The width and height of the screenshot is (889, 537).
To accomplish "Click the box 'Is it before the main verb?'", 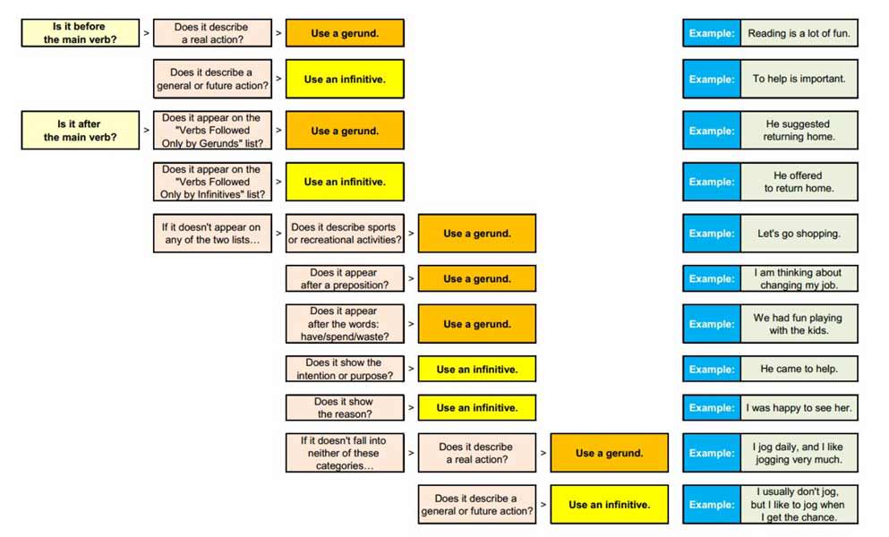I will [x=81, y=33].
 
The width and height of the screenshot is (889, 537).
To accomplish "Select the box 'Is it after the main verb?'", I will [x=81, y=131].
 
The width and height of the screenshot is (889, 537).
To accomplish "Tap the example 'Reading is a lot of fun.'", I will [x=799, y=33].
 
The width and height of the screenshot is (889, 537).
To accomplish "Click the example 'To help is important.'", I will [x=799, y=79].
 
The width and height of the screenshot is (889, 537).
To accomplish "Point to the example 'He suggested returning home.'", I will [x=799, y=131].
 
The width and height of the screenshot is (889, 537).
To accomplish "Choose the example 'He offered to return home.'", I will [x=799, y=182].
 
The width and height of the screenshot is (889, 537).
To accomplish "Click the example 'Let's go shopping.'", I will [x=799, y=234].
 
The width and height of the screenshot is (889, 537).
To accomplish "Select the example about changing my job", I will [x=799, y=278].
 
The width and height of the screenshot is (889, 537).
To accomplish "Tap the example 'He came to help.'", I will [x=799, y=369].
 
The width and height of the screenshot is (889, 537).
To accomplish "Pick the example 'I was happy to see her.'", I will [x=799, y=408].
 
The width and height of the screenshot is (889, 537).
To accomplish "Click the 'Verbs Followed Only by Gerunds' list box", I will [x=212, y=131].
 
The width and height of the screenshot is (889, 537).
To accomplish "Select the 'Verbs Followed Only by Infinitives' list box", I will [x=212, y=182].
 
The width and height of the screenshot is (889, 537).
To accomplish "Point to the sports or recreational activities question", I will [x=345, y=234].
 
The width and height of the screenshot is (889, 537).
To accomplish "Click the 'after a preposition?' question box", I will [x=345, y=278].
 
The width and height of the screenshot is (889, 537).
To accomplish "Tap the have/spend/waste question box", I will [x=345, y=324].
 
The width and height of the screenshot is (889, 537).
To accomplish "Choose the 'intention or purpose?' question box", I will [x=345, y=369].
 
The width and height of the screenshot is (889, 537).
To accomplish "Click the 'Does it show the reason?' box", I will [x=345, y=408].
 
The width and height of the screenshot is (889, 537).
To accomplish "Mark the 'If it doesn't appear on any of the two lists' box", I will [x=212, y=234].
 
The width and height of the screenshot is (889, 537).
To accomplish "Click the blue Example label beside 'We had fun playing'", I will [x=712, y=324].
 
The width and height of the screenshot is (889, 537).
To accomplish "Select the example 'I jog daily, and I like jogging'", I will [x=799, y=453].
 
